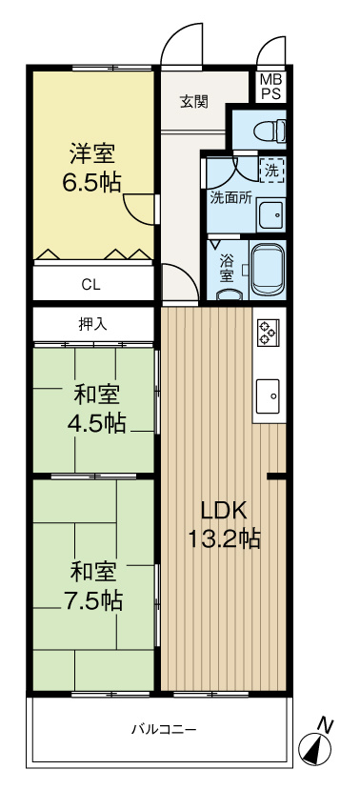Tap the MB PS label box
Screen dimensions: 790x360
tap(270, 88)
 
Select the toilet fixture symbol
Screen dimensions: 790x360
tap(270, 128)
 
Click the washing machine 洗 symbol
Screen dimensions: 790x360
tap(272, 172)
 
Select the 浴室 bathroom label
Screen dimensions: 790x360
tap(227, 267)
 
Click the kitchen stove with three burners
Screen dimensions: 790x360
tap(267, 332)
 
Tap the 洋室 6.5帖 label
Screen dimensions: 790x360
tap(92, 167)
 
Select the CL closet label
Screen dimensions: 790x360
tap(90, 283)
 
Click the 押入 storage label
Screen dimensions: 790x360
tap(92, 324)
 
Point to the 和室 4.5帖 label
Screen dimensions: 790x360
tap(94, 409)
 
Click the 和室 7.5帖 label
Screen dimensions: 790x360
tap(94, 586)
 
